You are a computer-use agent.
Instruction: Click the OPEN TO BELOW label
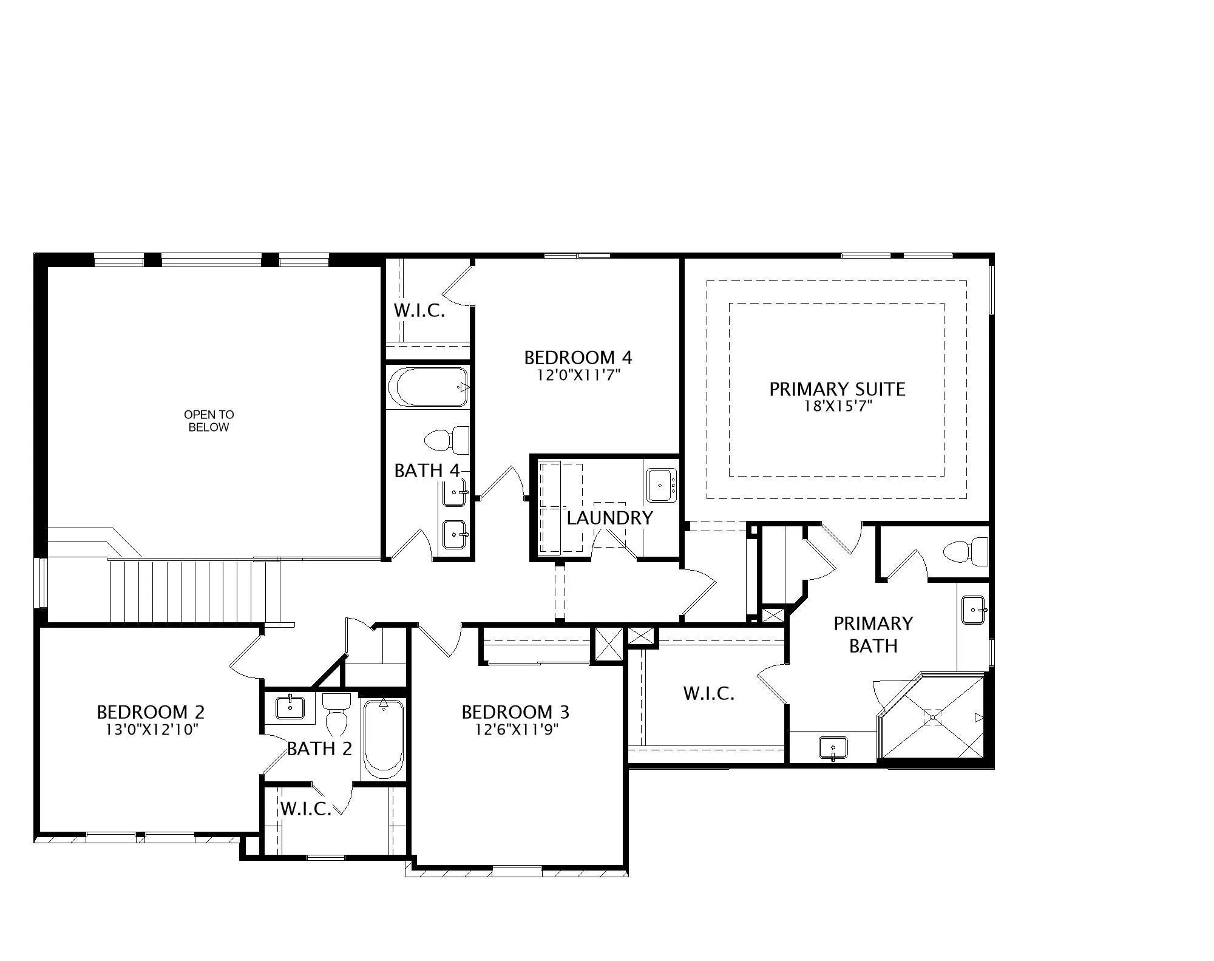[x=209, y=421]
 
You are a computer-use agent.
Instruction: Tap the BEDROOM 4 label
[x=578, y=358]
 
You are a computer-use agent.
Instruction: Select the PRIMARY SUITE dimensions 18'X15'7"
[x=838, y=406]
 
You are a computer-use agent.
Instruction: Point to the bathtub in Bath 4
[x=429, y=387]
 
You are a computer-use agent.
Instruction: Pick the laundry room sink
[x=662, y=485]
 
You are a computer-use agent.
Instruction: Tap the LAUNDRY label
[x=609, y=518]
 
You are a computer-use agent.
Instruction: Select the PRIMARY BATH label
[x=873, y=634]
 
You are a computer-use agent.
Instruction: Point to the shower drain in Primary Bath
[x=933, y=717]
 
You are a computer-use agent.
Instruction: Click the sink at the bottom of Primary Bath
[x=833, y=748]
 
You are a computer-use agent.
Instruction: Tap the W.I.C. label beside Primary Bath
[x=709, y=693]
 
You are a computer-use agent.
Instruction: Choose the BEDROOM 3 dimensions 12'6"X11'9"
[x=517, y=728]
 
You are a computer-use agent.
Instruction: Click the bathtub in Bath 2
[x=383, y=739]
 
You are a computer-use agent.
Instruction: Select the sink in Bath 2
[x=291, y=707]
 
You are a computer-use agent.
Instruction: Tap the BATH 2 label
[x=319, y=749]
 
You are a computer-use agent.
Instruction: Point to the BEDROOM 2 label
[x=151, y=711]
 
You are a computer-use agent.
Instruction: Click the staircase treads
[x=194, y=591]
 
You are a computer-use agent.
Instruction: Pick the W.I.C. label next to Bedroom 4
[x=419, y=311]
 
